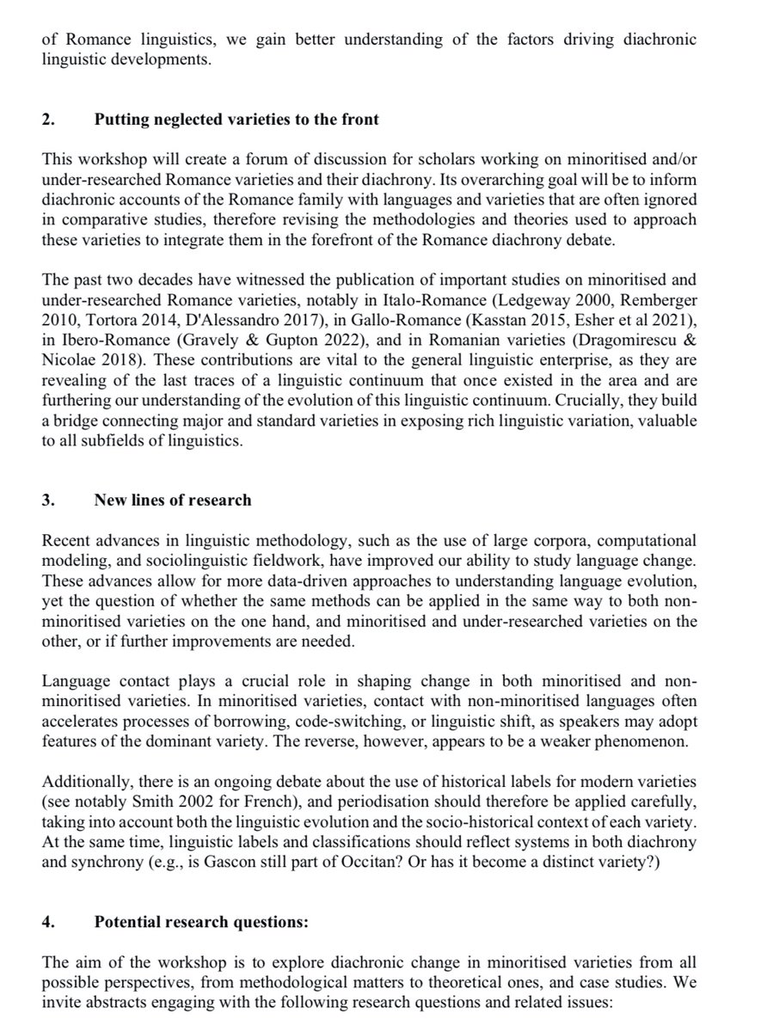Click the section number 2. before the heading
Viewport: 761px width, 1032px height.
pyautogui.click(x=47, y=119)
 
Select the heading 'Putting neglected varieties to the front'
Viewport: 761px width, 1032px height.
pyautogui.click(x=237, y=119)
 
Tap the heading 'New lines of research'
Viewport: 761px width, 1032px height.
pyautogui.click(x=173, y=499)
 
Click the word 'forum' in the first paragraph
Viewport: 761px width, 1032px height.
pyautogui.click(x=236, y=157)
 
